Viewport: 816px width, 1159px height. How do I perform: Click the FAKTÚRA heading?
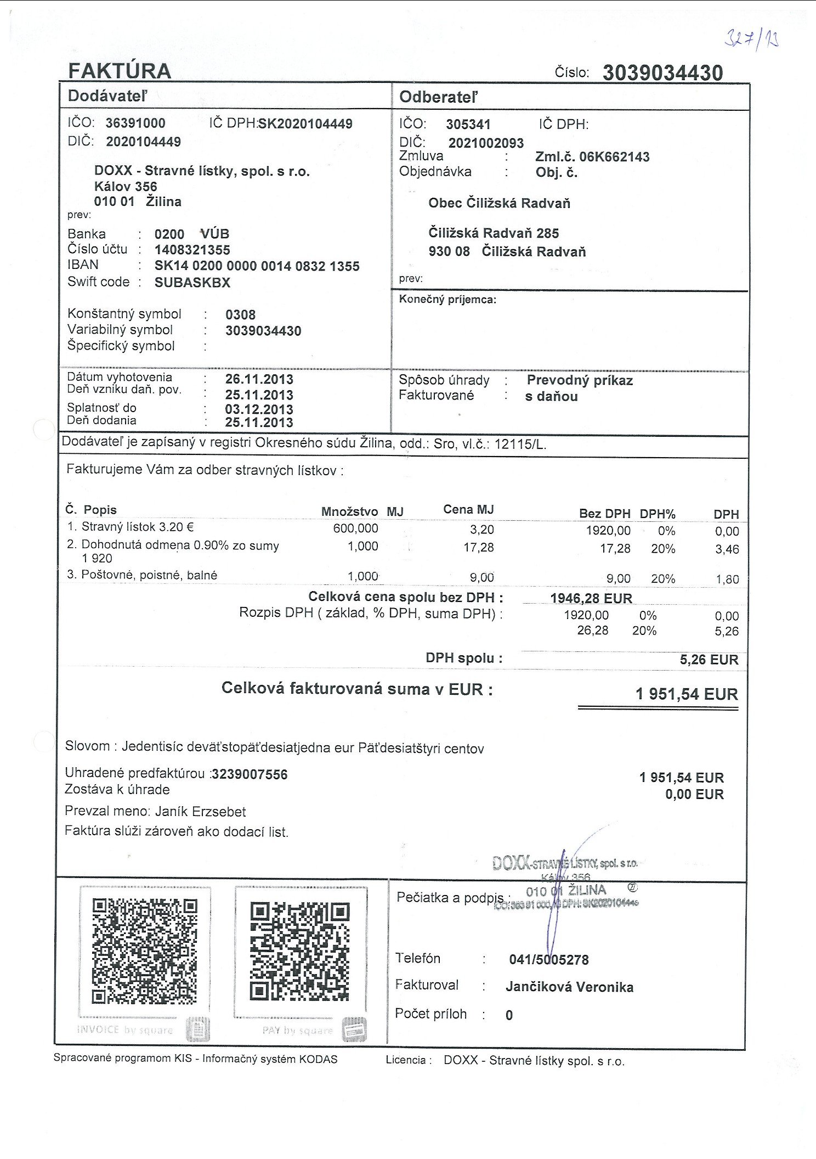120,71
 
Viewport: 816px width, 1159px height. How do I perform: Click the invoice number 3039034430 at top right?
662,73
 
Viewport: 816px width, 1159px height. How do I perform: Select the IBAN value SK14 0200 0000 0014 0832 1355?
257,266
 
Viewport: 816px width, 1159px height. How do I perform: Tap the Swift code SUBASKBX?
192,283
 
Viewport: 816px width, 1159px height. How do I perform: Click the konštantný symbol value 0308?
240,315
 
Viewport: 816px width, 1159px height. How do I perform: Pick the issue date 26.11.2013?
259,379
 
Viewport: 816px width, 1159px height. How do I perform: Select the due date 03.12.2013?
259,409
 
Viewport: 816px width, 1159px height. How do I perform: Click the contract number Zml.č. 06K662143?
592,157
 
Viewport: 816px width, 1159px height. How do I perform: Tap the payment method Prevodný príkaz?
580,380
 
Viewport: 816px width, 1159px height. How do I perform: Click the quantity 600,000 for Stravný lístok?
355,528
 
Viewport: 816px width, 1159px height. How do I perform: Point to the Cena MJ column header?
468,510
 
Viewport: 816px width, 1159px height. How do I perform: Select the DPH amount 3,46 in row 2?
727,549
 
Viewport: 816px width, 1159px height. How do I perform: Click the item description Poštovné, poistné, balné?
149,575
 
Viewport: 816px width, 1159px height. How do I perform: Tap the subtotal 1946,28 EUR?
591,598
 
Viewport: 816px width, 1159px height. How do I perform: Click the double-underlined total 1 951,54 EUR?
687,694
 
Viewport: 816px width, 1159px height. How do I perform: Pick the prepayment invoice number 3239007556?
250,774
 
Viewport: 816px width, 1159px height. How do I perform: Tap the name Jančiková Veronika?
569,987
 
